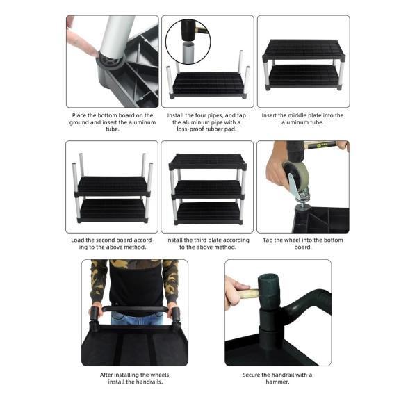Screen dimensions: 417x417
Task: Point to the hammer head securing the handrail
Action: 269,291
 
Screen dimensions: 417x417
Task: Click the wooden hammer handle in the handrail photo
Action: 247,294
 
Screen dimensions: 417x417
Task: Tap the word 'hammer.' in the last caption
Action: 277,382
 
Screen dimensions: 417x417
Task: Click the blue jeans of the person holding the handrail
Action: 137,318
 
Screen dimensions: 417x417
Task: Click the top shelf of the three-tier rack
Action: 208,161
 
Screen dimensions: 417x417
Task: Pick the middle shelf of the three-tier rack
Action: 208,189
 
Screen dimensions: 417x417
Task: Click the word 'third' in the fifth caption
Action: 201,240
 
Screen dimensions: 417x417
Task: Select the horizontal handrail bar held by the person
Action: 135,309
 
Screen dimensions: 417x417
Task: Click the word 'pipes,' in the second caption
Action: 215,115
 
